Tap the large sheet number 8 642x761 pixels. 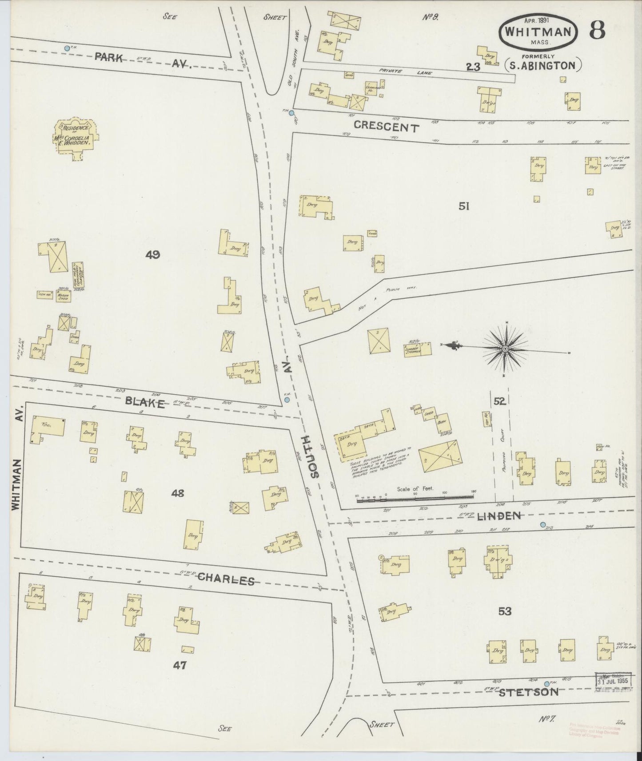coord(597,31)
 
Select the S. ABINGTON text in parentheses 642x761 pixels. coord(543,66)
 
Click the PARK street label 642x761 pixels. coord(108,57)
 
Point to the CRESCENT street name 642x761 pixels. coord(386,127)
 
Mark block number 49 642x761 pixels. coord(152,255)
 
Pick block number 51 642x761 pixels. coord(464,206)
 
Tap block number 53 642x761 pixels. coord(505,611)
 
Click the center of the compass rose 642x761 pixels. coord(505,349)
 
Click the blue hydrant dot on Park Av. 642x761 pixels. coord(67,48)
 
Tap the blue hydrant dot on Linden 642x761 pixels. coord(542,524)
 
